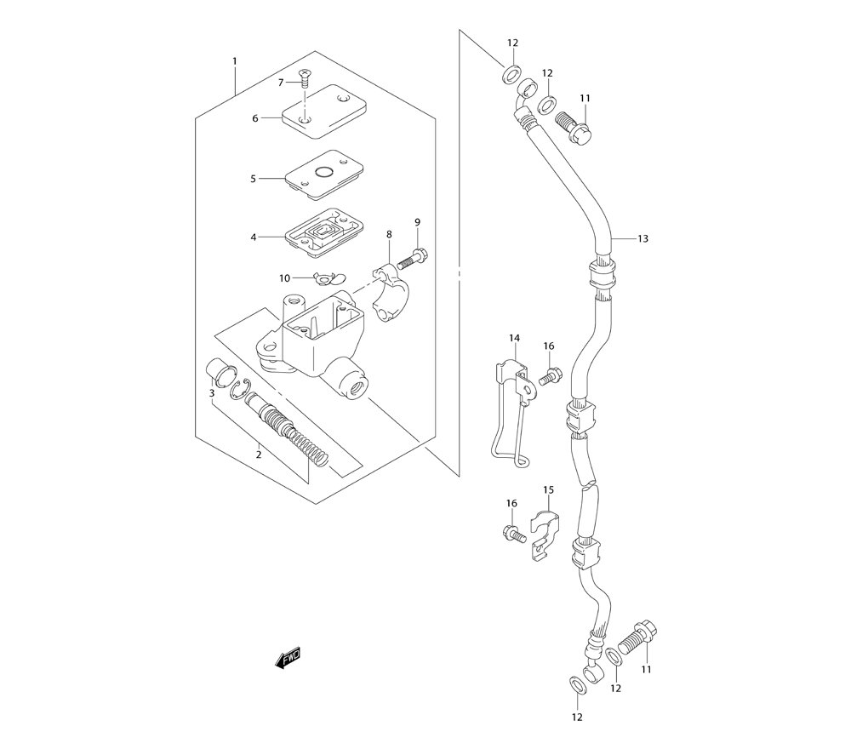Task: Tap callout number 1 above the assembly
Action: click(x=234, y=61)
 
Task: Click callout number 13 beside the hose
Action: click(x=643, y=239)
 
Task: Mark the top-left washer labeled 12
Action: click(x=512, y=75)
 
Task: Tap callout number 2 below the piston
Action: click(x=258, y=455)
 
